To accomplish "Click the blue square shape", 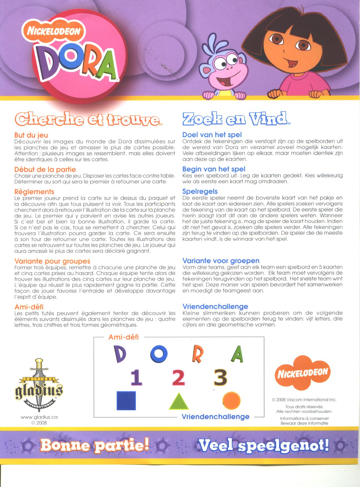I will pos(126,400).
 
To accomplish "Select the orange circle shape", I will pos(232,401).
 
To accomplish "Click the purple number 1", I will pos(137,378).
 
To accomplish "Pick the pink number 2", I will pos(178,377).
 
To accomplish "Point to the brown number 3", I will pos(221,377).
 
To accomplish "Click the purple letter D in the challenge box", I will pos(120,354).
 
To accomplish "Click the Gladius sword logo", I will pos(39,387).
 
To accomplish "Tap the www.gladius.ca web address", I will pos(39,417).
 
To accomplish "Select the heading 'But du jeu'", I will pos(31,135).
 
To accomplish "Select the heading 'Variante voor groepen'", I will pos(221,261).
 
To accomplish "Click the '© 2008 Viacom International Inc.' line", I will pos(304,400).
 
